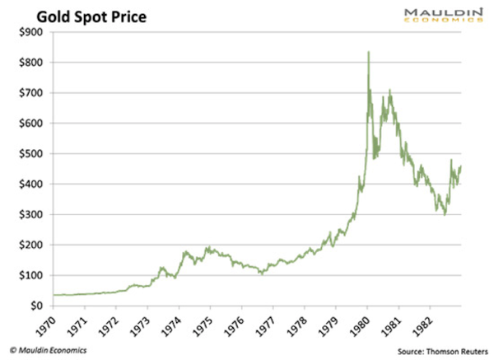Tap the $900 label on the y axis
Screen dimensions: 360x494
point(32,31)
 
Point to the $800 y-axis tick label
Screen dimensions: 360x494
point(32,62)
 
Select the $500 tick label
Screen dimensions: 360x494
point(32,153)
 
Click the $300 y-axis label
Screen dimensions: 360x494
point(32,214)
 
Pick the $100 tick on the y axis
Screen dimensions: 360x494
point(32,275)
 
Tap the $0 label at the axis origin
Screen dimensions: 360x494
point(38,306)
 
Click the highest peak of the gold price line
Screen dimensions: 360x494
point(368,52)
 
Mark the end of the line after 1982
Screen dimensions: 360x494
point(460,167)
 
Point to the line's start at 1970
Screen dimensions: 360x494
point(54,295)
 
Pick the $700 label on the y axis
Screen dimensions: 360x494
point(32,92)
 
